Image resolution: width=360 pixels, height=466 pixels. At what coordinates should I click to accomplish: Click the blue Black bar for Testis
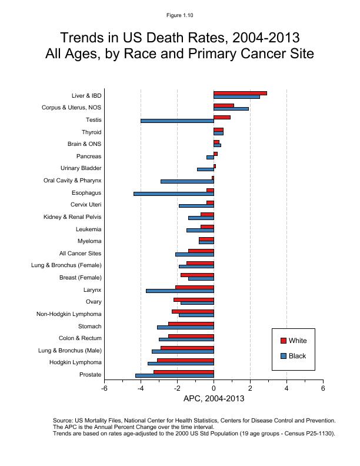(x=176, y=121)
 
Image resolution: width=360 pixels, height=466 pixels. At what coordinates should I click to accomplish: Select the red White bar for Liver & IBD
(x=240, y=93)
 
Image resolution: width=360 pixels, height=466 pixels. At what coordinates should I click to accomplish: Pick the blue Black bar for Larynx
(x=179, y=291)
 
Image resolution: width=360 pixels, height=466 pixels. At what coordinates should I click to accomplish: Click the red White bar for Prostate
(x=184, y=372)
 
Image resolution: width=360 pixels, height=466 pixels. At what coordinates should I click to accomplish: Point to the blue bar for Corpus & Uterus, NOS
(x=231, y=109)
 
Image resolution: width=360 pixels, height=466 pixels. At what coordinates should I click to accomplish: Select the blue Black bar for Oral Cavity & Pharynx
(x=186, y=181)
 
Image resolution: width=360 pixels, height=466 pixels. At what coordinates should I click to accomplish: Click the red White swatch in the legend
(x=283, y=341)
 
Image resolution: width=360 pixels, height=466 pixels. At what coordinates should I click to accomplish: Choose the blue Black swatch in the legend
(x=283, y=356)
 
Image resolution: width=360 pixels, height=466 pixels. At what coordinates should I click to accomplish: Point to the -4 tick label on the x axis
(x=141, y=389)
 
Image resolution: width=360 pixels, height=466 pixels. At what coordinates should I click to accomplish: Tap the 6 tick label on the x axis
(x=323, y=389)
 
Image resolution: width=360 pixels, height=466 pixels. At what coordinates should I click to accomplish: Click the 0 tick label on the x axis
(x=214, y=389)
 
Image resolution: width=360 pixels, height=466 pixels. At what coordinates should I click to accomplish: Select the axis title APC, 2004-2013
(x=214, y=399)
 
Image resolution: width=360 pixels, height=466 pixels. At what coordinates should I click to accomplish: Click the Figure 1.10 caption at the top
(x=180, y=15)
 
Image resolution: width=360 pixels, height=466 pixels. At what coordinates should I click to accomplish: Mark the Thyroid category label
(x=91, y=132)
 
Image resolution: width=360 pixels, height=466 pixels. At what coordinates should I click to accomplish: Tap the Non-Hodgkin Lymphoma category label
(x=69, y=314)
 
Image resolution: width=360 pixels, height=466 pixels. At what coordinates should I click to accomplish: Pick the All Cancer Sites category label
(x=80, y=254)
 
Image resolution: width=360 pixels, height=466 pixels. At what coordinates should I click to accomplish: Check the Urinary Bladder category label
(x=81, y=169)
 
